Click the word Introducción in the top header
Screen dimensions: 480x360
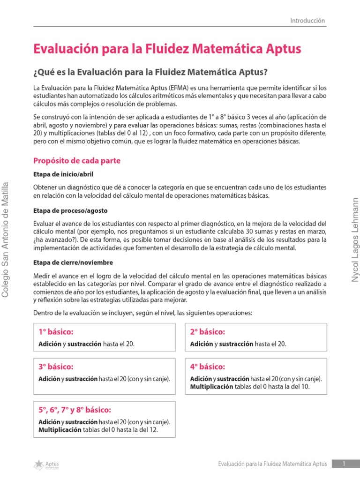point(307,21)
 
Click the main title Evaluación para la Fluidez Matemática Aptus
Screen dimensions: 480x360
point(167,49)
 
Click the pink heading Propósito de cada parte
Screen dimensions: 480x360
point(77,161)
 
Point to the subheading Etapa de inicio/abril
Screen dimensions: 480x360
point(64,174)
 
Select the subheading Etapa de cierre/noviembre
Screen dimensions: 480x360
point(73,262)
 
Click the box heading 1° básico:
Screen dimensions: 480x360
point(56,332)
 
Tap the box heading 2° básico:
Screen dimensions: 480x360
point(207,332)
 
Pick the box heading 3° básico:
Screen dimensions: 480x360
point(56,367)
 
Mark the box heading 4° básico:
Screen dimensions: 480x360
point(207,367)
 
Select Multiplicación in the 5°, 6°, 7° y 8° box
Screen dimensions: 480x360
point(60,430)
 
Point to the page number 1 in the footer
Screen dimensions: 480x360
point(344,464)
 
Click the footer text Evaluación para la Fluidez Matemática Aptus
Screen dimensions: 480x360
point(273,464)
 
